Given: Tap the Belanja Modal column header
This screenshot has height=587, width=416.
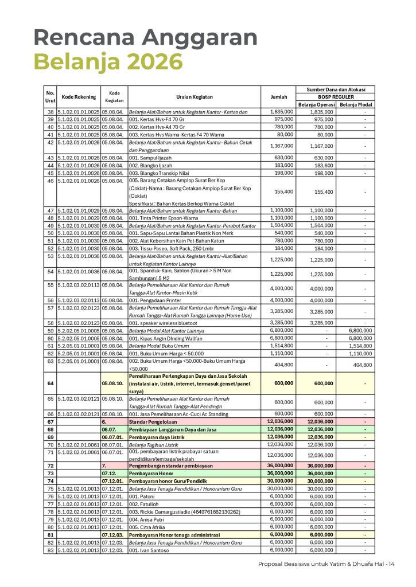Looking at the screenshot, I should pos(356,104).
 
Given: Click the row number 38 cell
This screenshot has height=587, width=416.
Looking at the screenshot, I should pos(50,112).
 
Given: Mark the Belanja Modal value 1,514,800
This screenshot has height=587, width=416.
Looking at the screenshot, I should pos(360,346).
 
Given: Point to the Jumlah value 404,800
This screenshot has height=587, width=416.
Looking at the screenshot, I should pos(282,364).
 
